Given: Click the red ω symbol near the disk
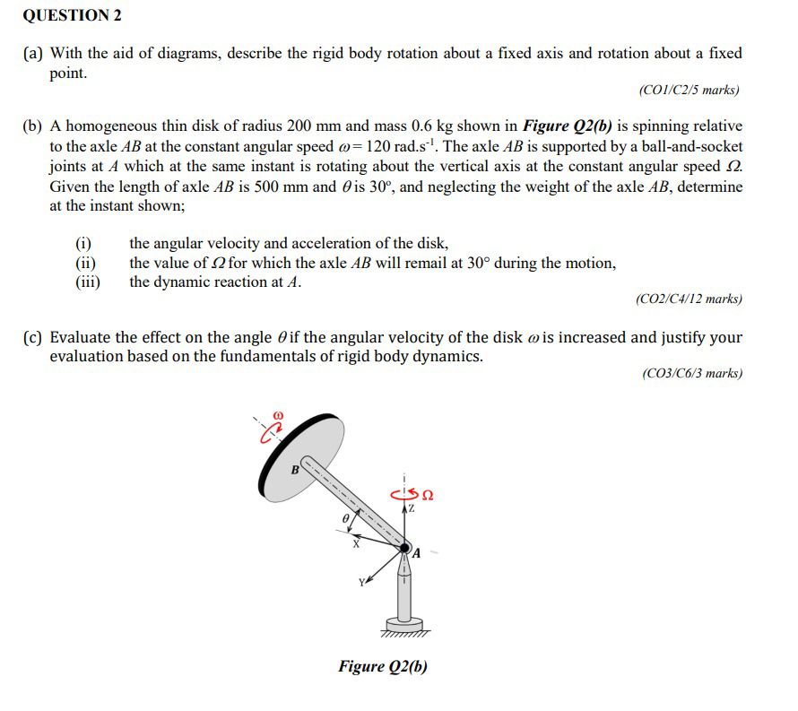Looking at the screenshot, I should click(x=278, y=416).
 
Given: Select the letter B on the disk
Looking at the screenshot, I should click(x=294, y=469).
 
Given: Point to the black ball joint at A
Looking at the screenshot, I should click(x=404, y=548).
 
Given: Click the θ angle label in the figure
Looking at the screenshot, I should click(x=342, y=517).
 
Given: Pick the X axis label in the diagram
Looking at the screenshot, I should click(x=355, y=543).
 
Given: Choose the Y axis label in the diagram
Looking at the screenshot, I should click(x=363, y=583).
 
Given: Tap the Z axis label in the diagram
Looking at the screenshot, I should click(x=412, y=508).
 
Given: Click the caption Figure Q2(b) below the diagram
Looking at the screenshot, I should click(x=383, y=666).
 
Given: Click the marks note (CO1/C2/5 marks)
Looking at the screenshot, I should click(x=689, y=91).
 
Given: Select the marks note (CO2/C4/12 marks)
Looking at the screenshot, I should click(x=688, y=299).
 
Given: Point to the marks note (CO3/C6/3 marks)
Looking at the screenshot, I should click(x=692, y=374).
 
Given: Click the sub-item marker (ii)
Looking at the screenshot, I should click(x=86, y=263).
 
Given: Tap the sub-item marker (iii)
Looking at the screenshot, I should click(x=87, y=282).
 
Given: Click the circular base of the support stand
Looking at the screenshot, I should click(x=404, y=624).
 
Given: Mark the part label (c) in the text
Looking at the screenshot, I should click(x=33, y=338).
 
